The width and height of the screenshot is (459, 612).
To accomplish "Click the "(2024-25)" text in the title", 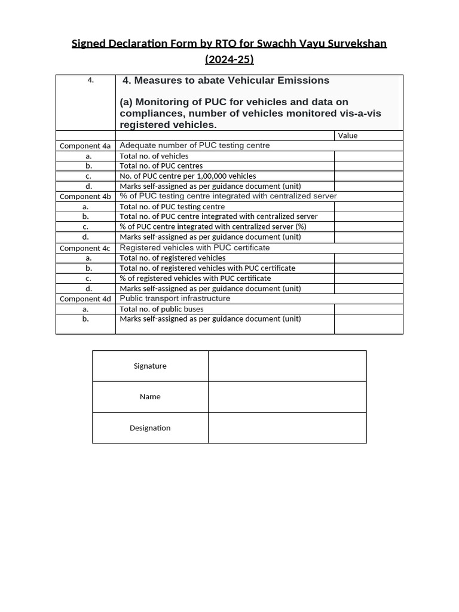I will tap(229, 59).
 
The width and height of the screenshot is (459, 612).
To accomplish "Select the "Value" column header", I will tap(348, 136).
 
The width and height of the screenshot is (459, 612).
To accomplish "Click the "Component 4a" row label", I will tap(85, 146).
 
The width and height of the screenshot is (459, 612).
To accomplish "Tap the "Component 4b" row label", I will tap(85, 197).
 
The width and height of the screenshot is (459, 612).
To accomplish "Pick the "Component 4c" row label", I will tap(85, 248).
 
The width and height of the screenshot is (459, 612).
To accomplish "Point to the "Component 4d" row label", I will tap(85, 299).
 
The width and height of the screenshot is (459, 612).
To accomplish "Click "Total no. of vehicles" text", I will tap(154, 156).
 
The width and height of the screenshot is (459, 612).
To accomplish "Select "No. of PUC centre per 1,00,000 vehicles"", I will tap(188, 176).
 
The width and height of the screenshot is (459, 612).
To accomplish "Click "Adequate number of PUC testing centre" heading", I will tap(195, 145).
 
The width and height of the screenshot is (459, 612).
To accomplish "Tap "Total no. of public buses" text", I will tap(161, 309).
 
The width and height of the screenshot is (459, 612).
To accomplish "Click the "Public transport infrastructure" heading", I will tap(175, 298).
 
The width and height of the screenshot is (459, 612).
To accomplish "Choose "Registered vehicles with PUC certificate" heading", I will tap(195, 247).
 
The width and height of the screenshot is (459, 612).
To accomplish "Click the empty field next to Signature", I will tap(287, 366).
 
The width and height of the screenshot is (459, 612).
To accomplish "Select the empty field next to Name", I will tap(287, 397).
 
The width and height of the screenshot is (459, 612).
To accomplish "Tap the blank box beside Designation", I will tap(287, 428).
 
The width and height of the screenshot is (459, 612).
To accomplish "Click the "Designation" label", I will tap(150, 428).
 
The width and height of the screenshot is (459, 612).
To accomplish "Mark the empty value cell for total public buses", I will tap(368, 309).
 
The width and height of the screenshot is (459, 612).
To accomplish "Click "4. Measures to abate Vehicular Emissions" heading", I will tap(226, 81).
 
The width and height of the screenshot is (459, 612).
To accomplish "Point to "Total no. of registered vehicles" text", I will tap(173, 258).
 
